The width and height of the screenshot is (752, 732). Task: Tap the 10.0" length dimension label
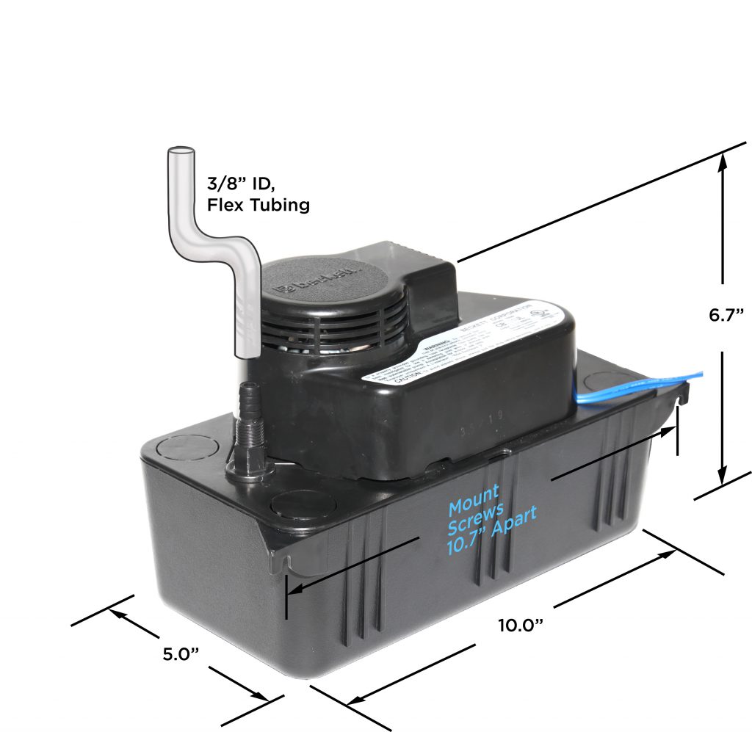520,626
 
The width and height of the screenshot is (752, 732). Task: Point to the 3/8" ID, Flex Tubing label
258,194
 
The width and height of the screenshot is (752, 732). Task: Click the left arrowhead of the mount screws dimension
295,590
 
